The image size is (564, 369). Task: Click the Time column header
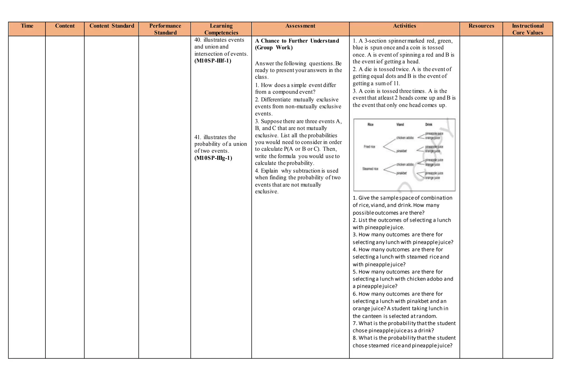(27, 26)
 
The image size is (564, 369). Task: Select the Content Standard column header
(112, 26)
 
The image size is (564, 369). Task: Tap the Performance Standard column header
(165, 29)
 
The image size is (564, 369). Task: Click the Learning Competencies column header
(221, 29)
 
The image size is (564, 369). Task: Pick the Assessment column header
(300, 26)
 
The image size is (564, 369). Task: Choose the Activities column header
(404, 26)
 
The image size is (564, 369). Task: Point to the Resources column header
(481, 26)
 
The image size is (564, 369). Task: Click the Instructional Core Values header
(528, 29)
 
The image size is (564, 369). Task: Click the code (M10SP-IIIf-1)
(213, 61)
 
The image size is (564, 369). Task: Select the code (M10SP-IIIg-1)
(213, 158)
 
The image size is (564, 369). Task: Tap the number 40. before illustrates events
(198, 40)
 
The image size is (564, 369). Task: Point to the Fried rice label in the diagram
(369, 147)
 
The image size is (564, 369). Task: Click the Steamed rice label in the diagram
(370, 169)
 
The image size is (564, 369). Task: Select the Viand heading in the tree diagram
(400, 125)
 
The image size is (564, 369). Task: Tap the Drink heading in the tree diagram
(429, 125)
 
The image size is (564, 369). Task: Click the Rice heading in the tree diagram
(370, 125)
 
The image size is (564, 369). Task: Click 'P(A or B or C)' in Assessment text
(302, 149)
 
